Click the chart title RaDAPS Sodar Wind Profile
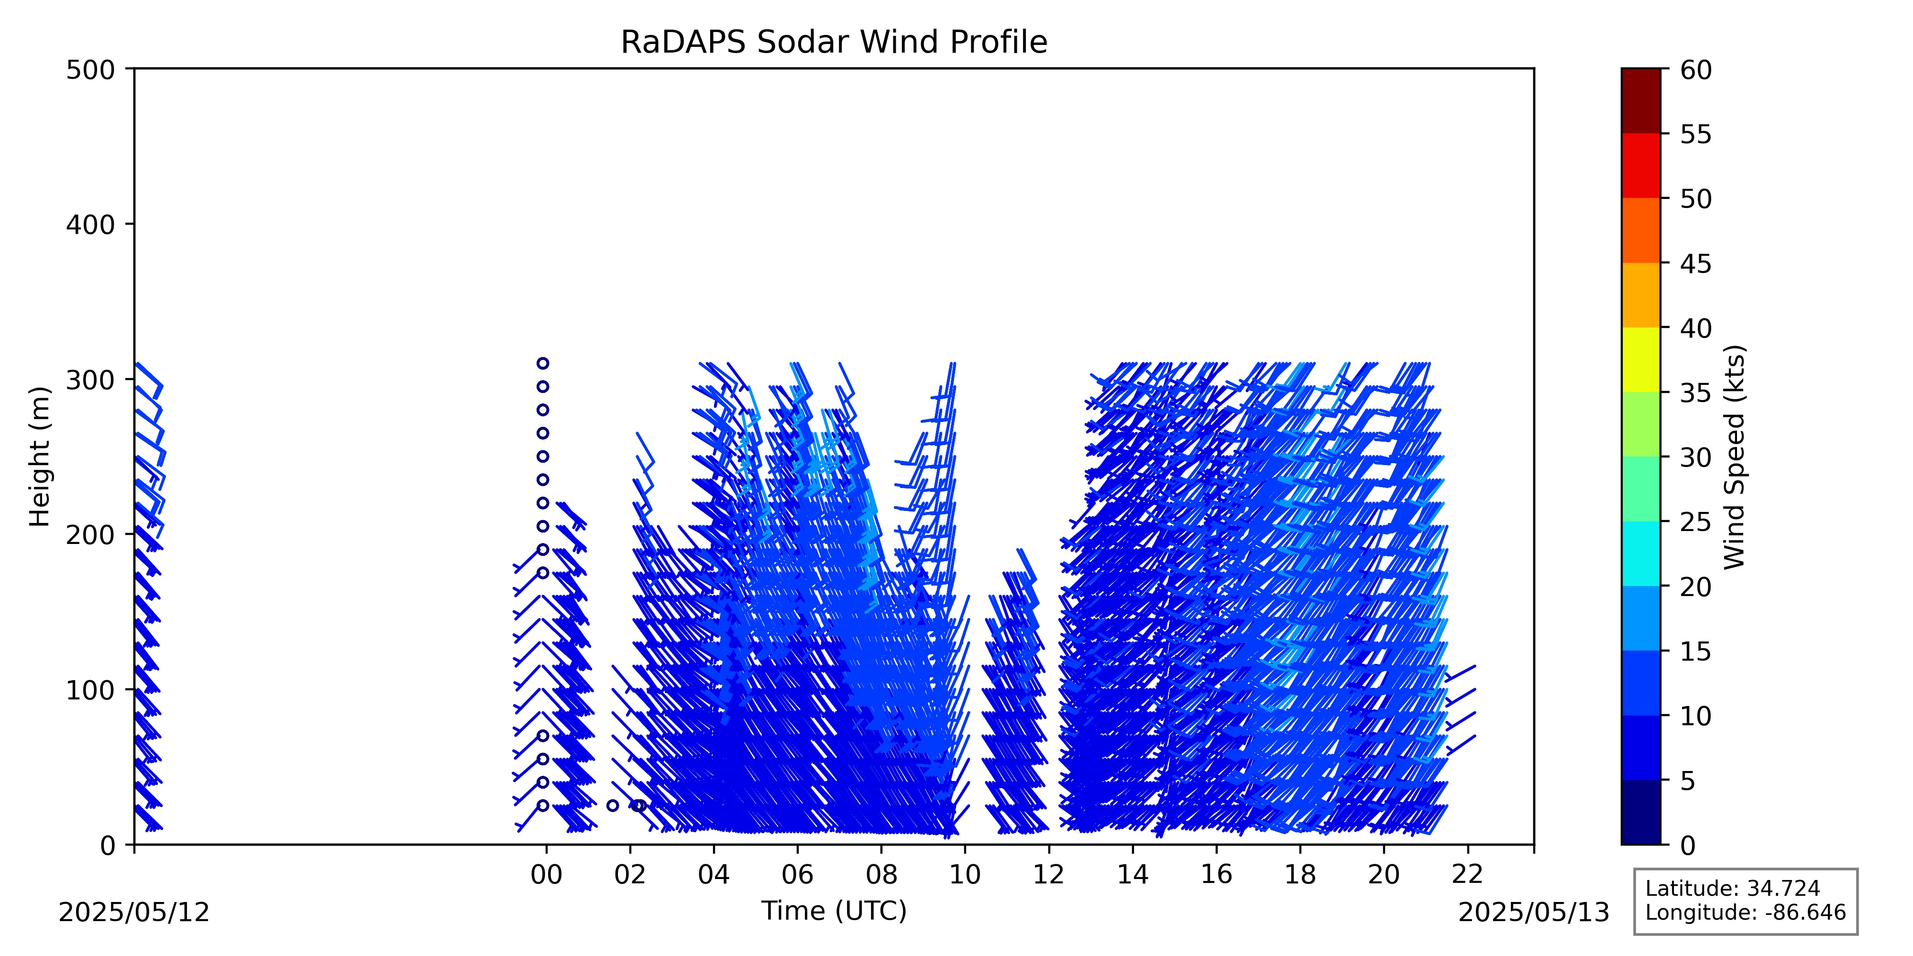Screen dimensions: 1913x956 834,43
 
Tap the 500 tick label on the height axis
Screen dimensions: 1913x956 90,71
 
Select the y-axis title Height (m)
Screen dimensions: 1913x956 40,456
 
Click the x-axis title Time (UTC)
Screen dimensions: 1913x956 834,910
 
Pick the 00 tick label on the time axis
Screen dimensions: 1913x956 547,875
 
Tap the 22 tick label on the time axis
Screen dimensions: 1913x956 1467,875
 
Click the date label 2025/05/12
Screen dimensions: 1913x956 134,912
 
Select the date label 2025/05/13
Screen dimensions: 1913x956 1534,912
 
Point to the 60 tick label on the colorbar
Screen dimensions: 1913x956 1696,71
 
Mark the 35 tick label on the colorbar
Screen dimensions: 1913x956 1696,393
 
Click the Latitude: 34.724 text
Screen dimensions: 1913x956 1733,889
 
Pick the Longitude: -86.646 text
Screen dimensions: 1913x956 1745,912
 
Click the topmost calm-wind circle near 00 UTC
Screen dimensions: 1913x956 543,363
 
